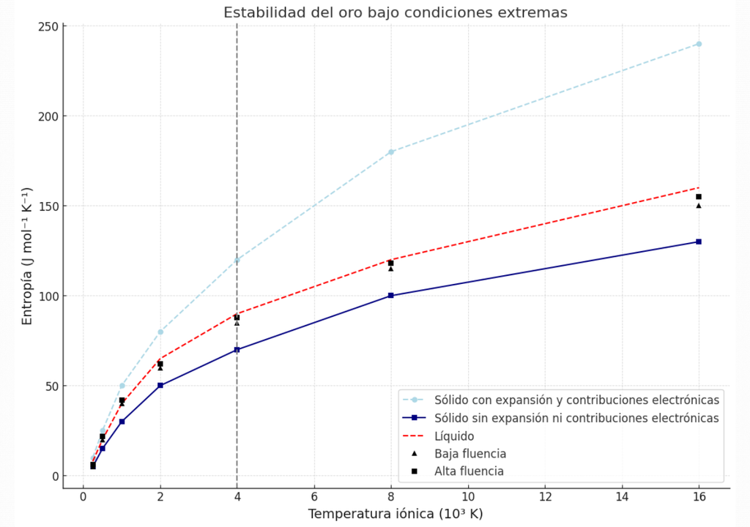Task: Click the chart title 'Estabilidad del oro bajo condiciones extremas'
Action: [395, 12]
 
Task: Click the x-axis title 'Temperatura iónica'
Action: [395, 514]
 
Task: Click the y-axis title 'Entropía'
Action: [27, 256]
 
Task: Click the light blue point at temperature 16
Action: [699, 44]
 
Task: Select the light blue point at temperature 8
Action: [391, 152]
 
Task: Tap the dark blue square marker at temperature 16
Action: [699, 242]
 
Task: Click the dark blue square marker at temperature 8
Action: [391, 296]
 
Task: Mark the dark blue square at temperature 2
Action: [160, 386]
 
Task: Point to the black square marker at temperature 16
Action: [699, 197]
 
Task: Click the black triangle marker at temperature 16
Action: [699, 206]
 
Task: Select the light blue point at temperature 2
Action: [160, 332]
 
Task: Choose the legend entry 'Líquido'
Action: [454, 436]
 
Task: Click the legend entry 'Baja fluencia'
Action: [469, 454]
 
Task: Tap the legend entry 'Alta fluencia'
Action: [469, 471]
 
